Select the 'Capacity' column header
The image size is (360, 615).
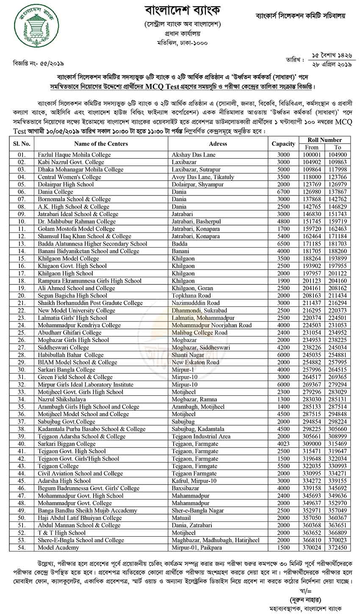click(283, 144)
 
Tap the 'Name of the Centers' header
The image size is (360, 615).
click(101, 144)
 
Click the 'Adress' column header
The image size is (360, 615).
click(218, 144)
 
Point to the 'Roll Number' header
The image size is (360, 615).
click(325, 140)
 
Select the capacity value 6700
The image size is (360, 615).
click(283, 192)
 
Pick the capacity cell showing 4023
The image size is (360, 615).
click(283, 443)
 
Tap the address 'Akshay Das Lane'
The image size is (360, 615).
click(194, 155)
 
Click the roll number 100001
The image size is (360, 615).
click(312, 155)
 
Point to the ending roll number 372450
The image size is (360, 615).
click(338, 548)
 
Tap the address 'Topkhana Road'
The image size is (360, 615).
click(191, 295)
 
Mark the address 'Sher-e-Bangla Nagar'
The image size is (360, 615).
click(198, 510)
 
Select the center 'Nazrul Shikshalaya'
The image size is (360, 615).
click(62, 399)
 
